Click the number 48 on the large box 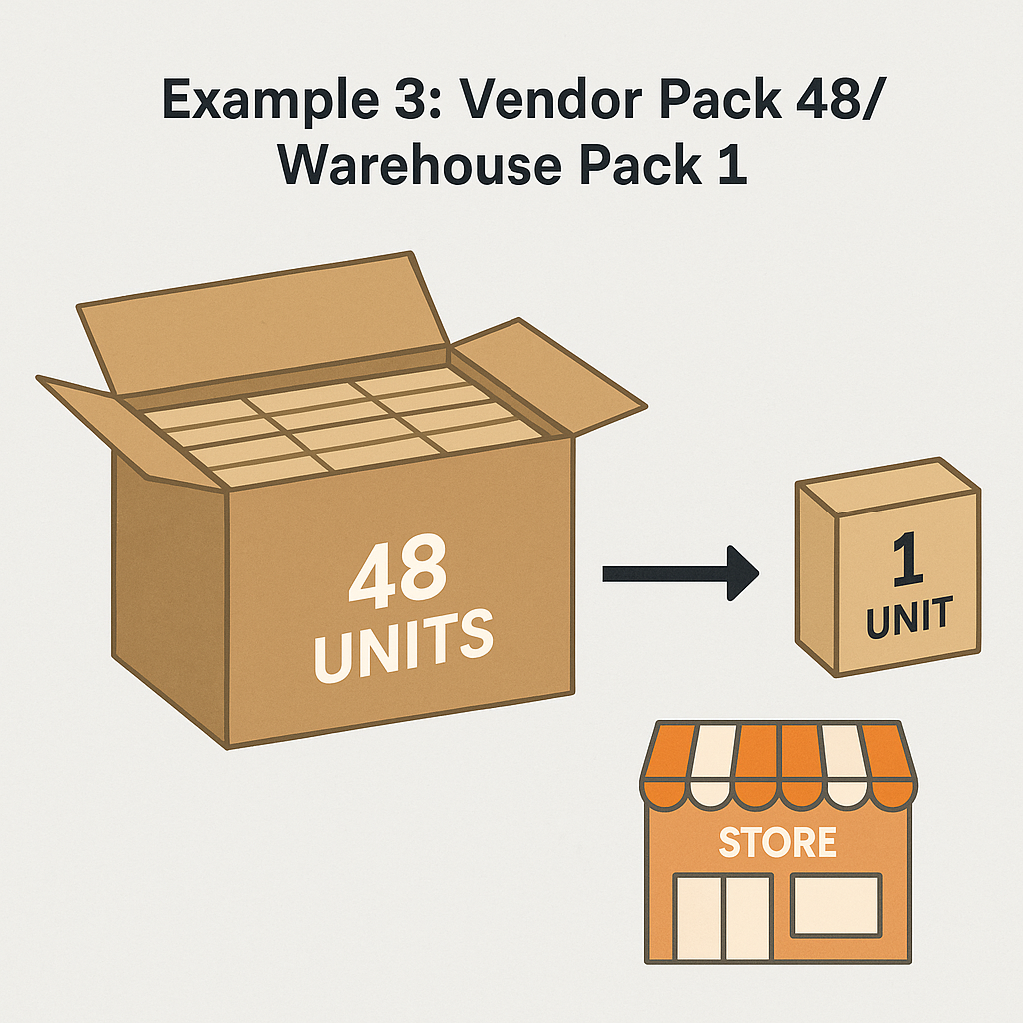[398, 572]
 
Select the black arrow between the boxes [680, 573]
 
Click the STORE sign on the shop [778, 842]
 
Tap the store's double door [722, 917]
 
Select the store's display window [837, 904]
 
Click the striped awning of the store [778, 764]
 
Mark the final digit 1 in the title [732, 165]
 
